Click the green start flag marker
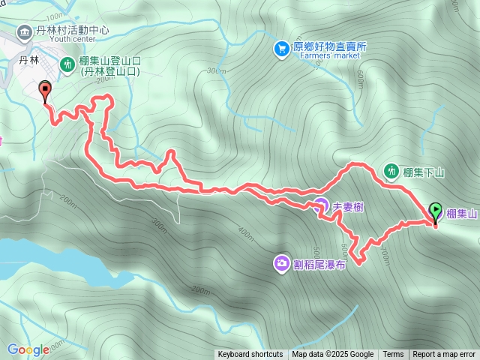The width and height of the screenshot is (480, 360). [435, 211]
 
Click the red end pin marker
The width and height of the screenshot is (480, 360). [45, 91]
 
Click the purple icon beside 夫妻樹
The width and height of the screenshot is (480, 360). [320, 204]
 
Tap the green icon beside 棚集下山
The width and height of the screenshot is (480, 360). [391, 172]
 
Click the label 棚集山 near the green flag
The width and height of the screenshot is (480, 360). [461, 214]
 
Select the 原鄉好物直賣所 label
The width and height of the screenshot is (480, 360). [330, 46]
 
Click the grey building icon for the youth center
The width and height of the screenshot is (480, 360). [24, 31]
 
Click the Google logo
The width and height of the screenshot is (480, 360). [28, 349]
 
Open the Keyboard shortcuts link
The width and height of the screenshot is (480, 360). [250, 355]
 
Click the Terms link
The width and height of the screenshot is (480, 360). [393, 355]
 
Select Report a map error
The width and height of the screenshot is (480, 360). [444, 355]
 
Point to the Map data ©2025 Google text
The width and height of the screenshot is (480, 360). [332, 355]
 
